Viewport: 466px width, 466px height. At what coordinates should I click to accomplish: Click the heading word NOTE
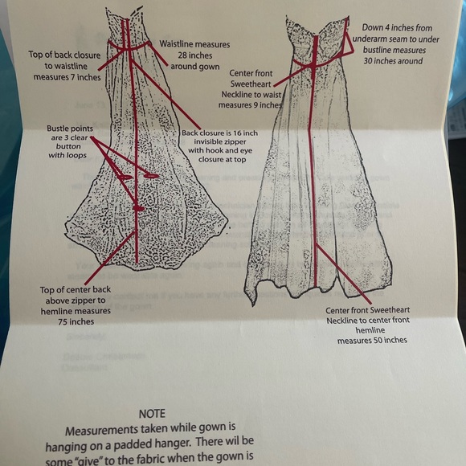(152, 413)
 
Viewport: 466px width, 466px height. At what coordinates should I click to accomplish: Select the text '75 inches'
(76, 321)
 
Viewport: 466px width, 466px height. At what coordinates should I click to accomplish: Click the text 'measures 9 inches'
(250, 104)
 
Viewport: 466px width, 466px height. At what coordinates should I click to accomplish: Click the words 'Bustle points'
(72, 129)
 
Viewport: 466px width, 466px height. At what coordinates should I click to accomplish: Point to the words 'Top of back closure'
(67, 54)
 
